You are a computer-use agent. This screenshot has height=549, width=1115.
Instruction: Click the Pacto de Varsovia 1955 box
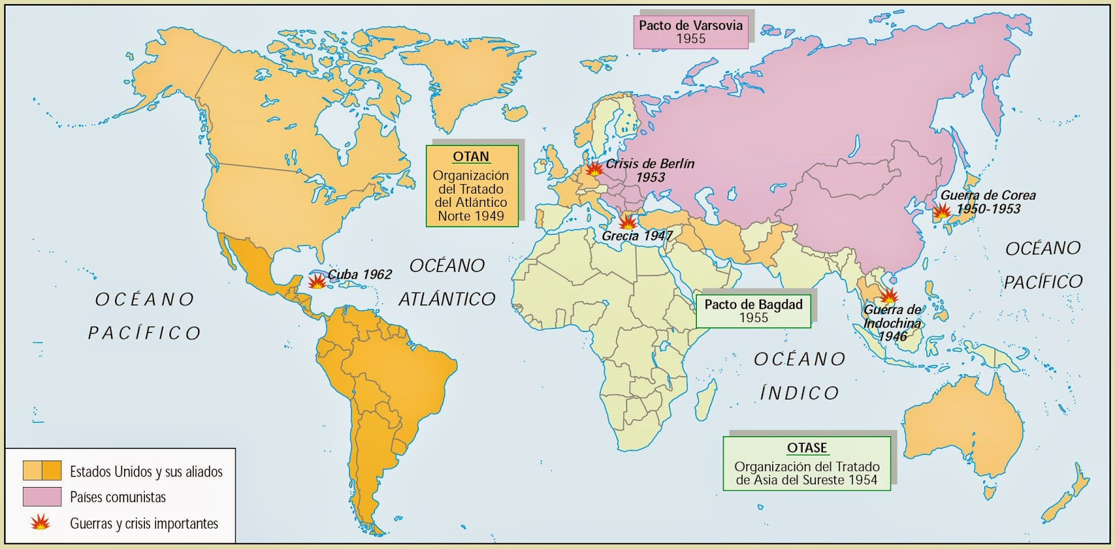point(690,31)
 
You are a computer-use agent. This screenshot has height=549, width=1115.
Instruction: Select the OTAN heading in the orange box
point(471,157)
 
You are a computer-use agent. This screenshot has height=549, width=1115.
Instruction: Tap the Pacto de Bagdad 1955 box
point(753,311)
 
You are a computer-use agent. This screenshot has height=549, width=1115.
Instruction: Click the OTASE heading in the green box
point(807,448)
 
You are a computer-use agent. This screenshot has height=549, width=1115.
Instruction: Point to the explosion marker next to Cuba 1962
point(317,281)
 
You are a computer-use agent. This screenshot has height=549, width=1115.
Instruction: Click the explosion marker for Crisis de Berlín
point(594,169)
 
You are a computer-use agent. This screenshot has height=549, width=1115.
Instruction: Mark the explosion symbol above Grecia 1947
point(627,222)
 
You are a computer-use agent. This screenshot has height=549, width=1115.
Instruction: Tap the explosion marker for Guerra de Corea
point(941,211)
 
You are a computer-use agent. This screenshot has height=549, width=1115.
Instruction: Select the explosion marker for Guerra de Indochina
point(889,296)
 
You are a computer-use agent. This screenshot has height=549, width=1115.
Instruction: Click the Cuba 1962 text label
point(360,274)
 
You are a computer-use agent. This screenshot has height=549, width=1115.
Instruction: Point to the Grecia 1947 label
point(637,236)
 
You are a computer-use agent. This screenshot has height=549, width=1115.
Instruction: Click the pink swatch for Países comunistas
point(42,497)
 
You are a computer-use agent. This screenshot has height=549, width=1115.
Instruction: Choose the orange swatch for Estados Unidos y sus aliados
point(42,471)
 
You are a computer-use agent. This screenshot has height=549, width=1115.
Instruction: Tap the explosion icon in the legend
point(40,523)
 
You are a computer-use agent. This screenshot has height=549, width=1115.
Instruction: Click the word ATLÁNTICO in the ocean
point(447,300)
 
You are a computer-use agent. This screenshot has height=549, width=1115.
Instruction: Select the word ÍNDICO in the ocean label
point(799,394)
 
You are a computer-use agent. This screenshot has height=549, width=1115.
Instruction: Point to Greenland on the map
point(460,77)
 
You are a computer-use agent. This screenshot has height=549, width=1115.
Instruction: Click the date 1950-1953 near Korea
point(988,209)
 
